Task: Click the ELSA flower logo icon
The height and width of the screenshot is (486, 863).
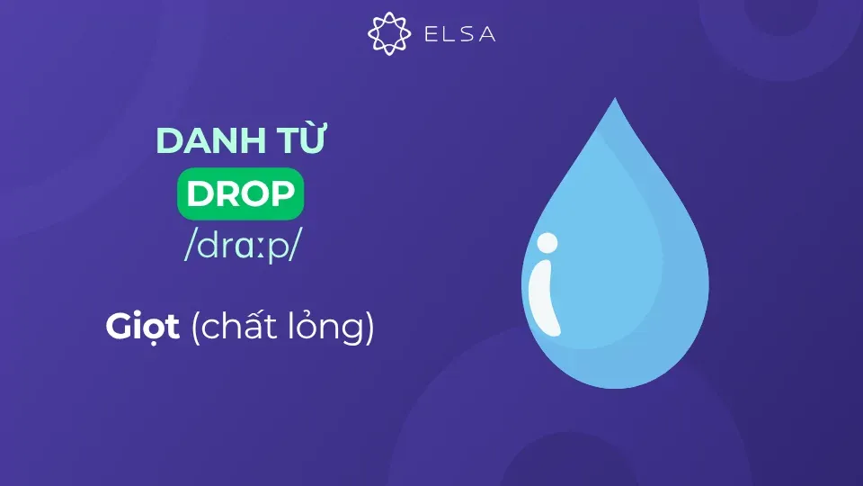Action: tap(389, 33)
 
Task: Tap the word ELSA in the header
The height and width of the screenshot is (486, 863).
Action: tap(458, 34)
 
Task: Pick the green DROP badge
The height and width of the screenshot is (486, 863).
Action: tap(240, 195)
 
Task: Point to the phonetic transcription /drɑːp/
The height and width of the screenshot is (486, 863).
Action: tap(239, 246)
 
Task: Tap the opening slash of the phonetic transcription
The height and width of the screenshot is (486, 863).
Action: tap(189, 246)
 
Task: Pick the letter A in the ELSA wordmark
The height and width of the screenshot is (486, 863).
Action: tap(486, 34)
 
